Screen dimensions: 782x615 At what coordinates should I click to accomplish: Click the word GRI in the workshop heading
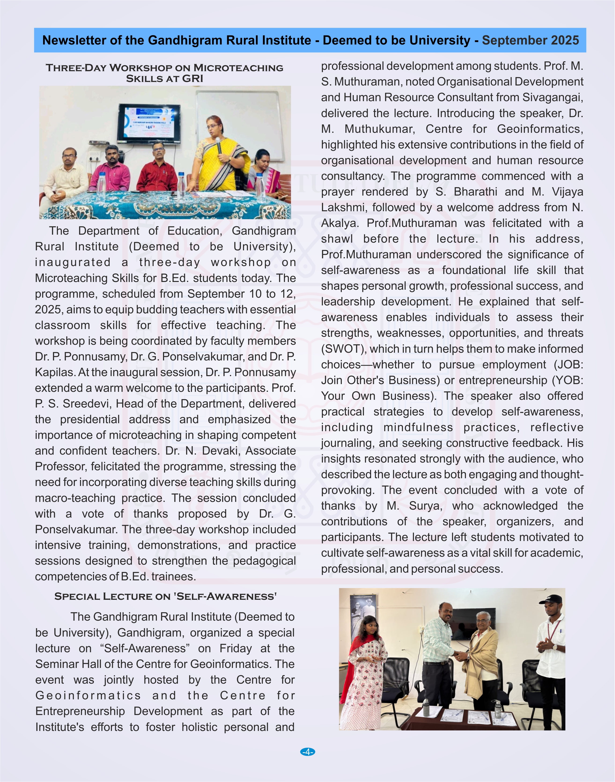point(193,78)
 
